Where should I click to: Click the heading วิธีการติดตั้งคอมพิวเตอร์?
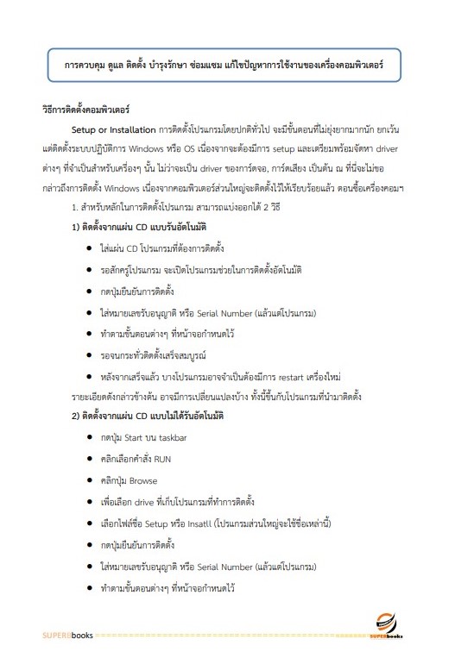[x=85, y=112]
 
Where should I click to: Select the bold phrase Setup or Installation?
[x=113, y=130]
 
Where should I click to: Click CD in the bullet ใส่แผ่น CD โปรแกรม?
[x=133, y=248]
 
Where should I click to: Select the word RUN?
[x=162, y=459]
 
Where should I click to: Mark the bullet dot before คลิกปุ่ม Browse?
[x=90, y=480]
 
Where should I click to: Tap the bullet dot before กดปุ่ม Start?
[x=90, y=438]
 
